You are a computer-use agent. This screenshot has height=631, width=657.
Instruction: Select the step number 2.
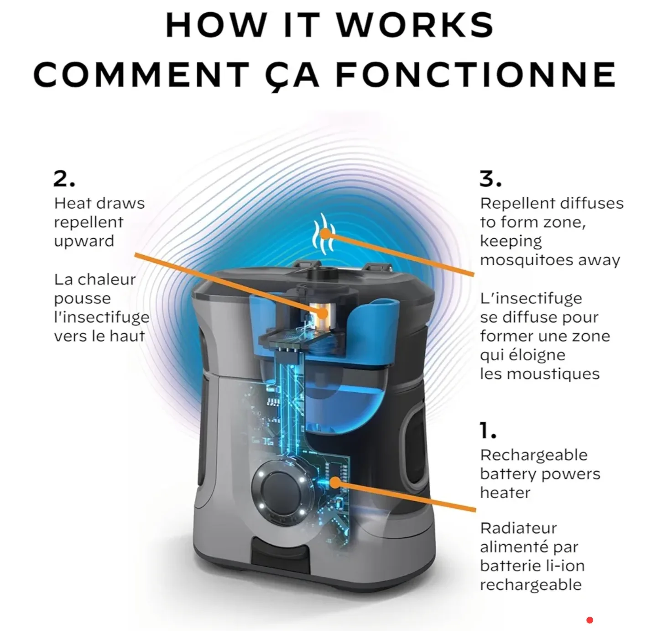tap(64, 179)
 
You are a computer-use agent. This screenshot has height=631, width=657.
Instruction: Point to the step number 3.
tap(490, 179)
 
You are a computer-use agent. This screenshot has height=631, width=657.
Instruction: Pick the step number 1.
tap(488, 431)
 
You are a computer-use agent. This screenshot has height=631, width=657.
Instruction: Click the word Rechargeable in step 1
tap(534, 456)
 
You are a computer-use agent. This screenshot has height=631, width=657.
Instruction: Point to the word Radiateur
tap(519, 528)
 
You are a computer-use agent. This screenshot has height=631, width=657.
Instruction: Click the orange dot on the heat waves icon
tap(326, 234)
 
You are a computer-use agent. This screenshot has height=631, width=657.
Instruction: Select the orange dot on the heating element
tap(323, 313)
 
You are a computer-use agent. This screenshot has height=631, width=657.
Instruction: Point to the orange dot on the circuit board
tap(334, 483)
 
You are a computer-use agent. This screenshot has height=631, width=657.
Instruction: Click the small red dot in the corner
tap(590, 620)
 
